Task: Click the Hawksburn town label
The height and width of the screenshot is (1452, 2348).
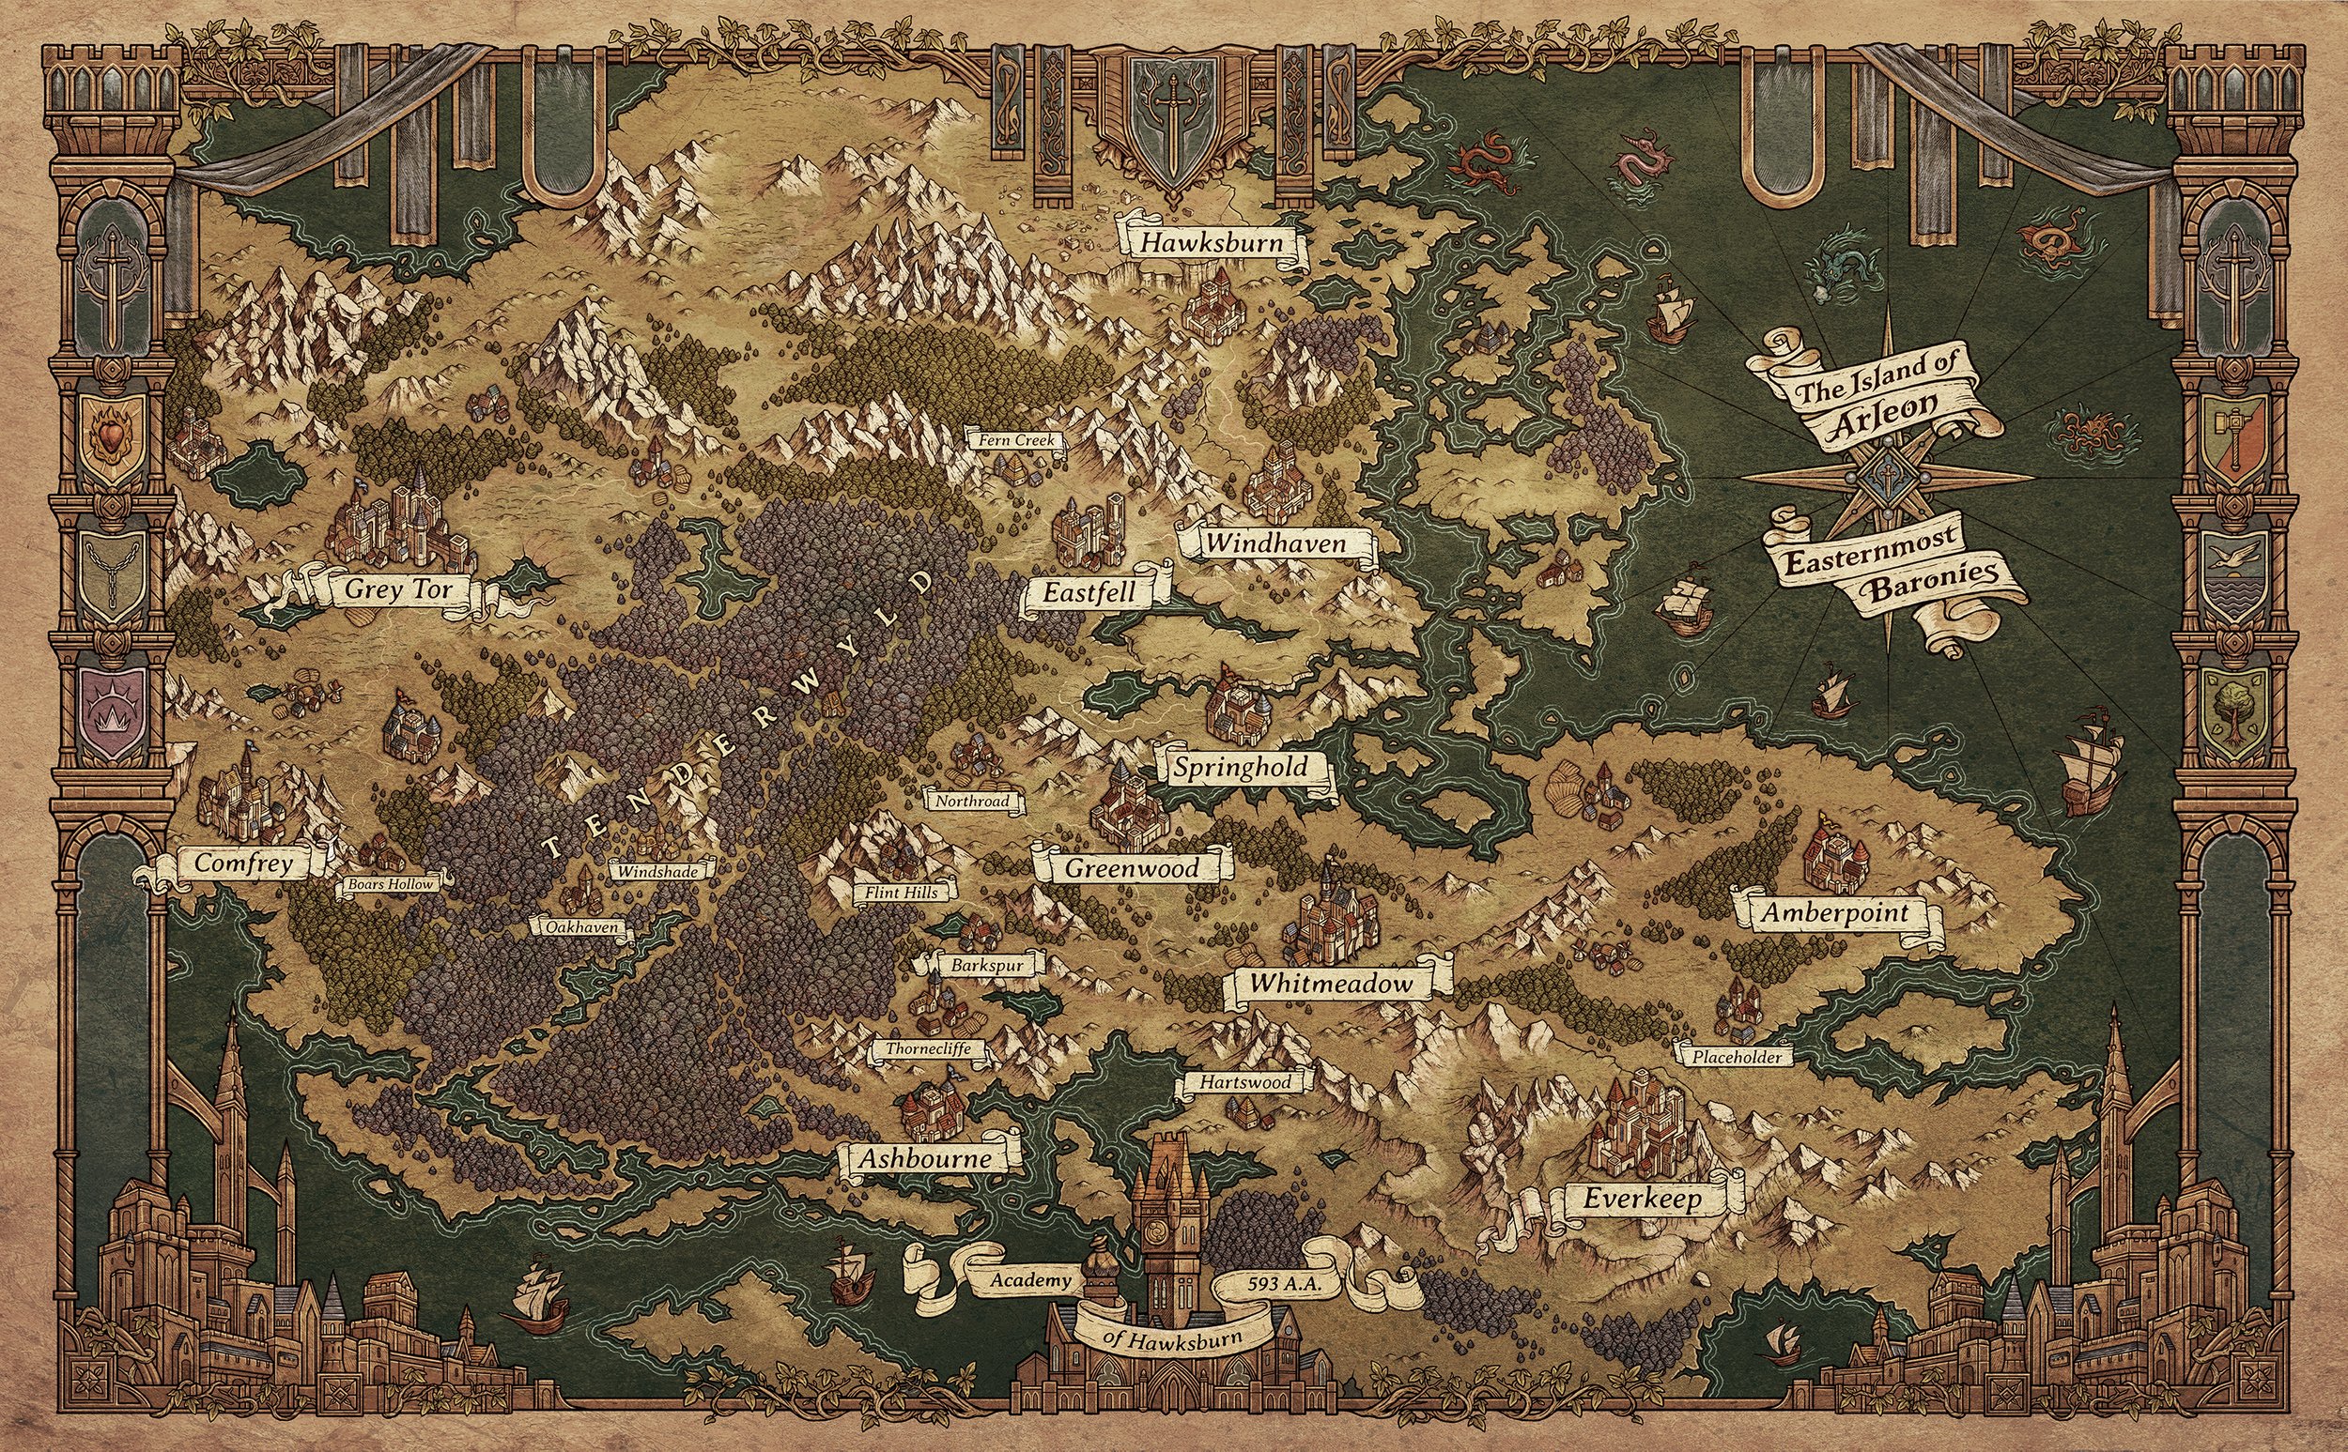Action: pyautogui.click(x=1212, y=243)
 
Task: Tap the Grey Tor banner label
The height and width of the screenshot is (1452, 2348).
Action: pyautogui.click(x=397, y=589)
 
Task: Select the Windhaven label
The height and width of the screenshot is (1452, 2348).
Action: pyautogui.click(x=1275, y=544)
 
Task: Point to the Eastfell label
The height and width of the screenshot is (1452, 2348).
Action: pyautogui.click(x=1089, y=593)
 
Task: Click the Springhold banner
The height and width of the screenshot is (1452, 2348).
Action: pyautogui.click(x=1241, y=767)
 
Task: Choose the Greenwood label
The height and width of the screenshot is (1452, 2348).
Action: pyautogui.click(x=1132, y=869)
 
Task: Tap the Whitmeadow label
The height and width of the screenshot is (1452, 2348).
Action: pyautogui.click(x=1331, y=984)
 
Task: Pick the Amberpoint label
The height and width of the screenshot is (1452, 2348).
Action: pyautogui.click(x=1834, y=912)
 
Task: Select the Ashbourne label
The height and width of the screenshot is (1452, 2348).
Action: pyautogui.click(x=924, y=1159)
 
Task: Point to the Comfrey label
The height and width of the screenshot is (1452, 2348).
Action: pyautogui.click(x=243, y=864)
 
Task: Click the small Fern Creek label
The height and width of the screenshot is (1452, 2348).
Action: pyautogui.click(x=1016, y=441)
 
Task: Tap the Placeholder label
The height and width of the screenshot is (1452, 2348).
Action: pyautogui.click(x=1737, y=1057)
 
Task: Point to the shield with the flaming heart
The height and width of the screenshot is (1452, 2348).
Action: pyautogui.click(x=114, y=438)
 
